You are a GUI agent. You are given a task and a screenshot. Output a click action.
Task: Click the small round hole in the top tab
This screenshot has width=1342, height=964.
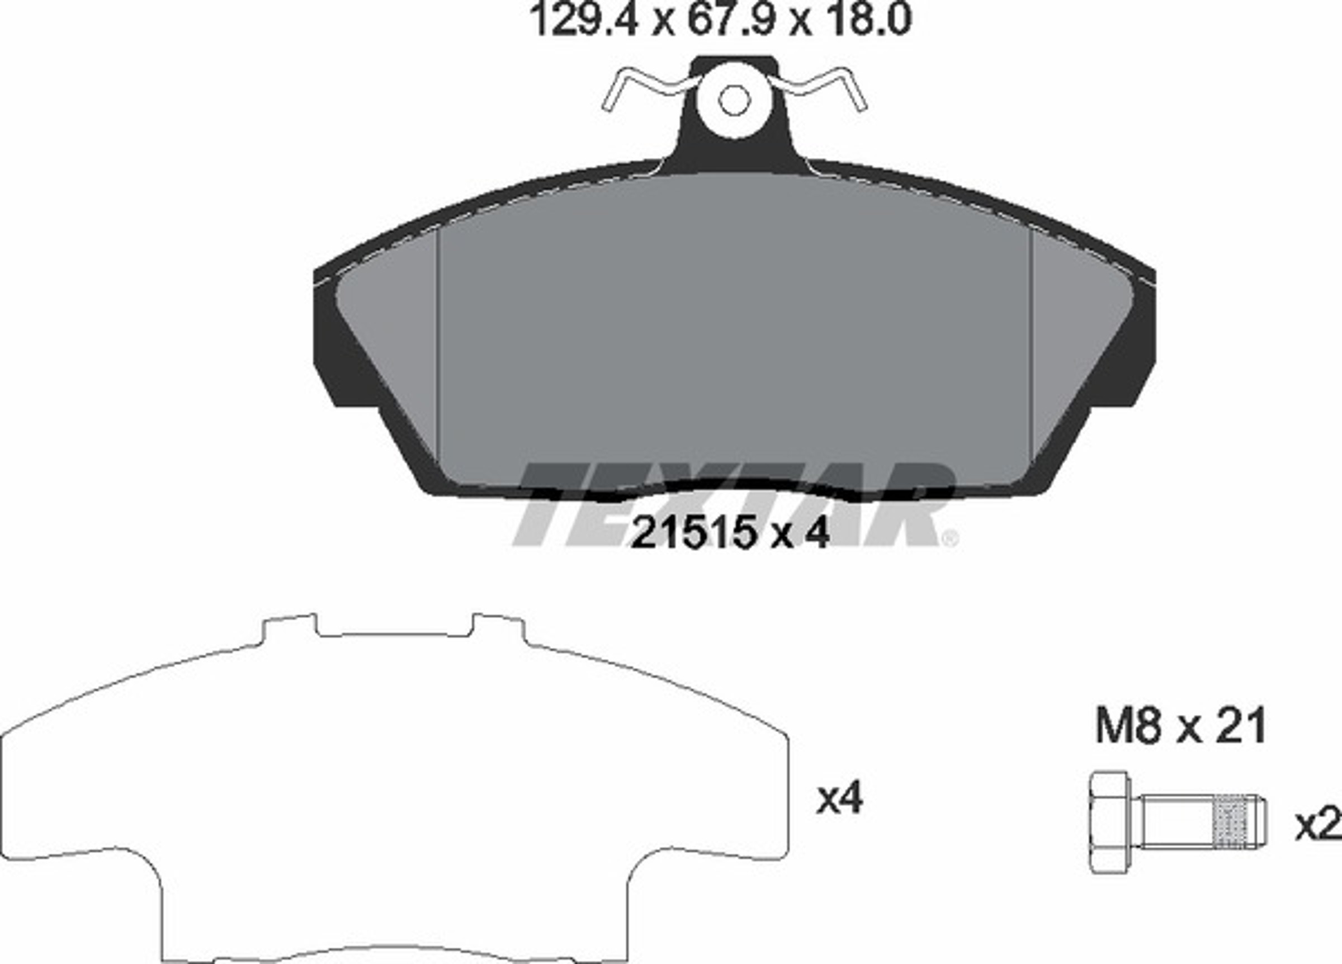tap(734, 100)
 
